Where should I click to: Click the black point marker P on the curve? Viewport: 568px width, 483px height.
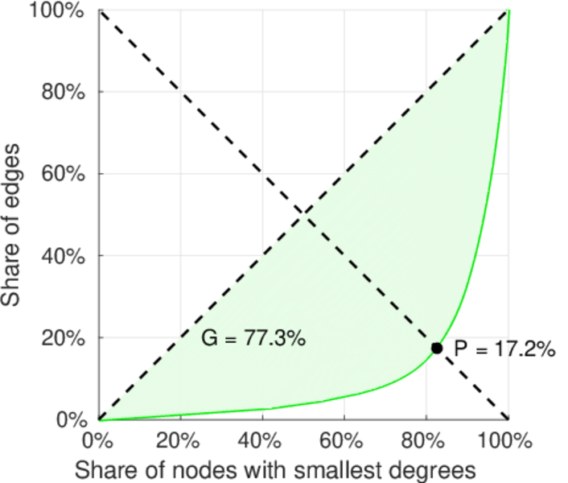(x=437, y=348)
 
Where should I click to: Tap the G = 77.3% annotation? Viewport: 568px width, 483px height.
(x=253, y=339)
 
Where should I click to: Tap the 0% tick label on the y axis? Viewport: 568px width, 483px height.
(x=72, y=419)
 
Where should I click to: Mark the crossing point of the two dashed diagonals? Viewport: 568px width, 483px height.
(x=303, y=214)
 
